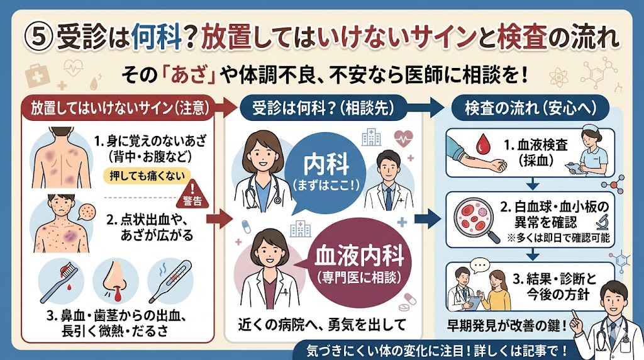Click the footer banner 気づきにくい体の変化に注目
point(435,350)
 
